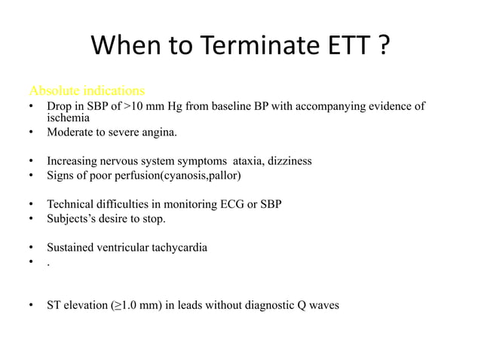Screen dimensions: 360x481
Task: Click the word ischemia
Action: [x=69, y=118]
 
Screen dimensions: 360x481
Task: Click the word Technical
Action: [x=70, y=204]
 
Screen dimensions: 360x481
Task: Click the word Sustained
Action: [x=72, y=247]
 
